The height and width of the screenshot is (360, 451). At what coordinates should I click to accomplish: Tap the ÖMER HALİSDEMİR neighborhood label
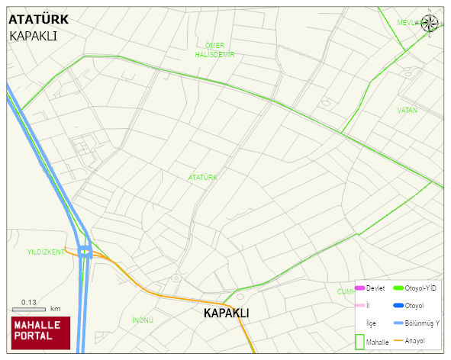coord(214,50)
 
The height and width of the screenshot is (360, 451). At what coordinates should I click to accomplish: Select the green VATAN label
coord(408,111)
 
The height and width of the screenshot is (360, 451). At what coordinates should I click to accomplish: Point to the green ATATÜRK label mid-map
coord(203,177)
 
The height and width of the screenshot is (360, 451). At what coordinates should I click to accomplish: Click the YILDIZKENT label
coord(46,251)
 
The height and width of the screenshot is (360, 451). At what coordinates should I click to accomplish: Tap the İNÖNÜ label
coord(143,320)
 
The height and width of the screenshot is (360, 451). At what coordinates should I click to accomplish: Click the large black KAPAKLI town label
coord(227,313)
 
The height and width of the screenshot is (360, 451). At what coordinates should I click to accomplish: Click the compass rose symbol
coord(430,23)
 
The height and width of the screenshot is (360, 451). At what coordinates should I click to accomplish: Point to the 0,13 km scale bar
coord(31,308)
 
